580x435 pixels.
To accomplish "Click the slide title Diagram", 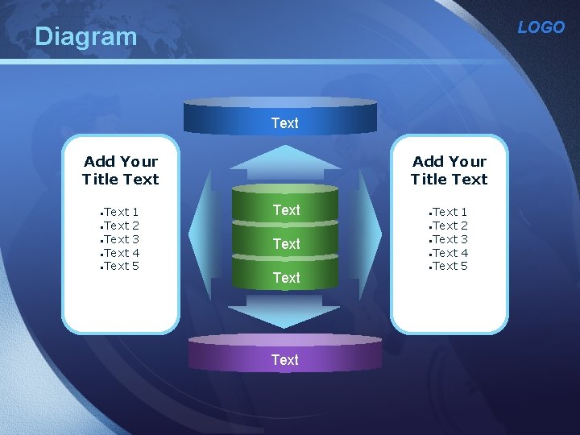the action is click(x=86, y=36).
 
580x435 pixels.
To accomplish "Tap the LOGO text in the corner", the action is click(x=541, y=27).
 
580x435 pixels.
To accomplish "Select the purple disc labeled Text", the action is click(x=284, y=355).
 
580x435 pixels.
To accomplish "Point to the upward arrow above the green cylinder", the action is click(x=285, y=161).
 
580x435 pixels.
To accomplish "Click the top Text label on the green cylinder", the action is click(x=286, y=210).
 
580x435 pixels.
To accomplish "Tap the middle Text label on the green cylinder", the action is click(x=286, y=244).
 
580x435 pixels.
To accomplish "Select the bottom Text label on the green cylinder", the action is click(x=286, y=278).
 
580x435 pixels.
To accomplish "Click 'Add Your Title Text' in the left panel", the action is click(x=121, y=171).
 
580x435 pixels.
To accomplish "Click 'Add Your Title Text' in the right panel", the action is click(x=449, y=171).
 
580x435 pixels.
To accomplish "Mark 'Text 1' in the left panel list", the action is click(x=121, y=212).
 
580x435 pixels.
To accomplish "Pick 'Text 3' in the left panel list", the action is click(x=121, y=239).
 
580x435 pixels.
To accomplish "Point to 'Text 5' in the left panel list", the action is click(x=121, y=266).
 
